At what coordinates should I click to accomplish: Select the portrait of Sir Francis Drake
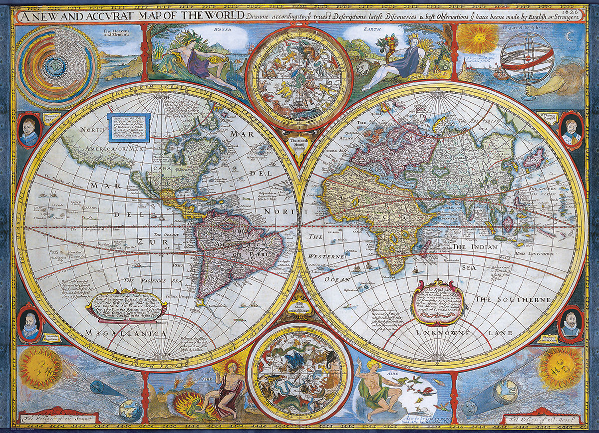click(29, 131)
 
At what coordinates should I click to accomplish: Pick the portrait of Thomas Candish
click(571, 131)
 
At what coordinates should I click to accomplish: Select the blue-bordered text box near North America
click(129, 127)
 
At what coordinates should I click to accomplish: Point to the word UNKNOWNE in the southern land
click(440, 332)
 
